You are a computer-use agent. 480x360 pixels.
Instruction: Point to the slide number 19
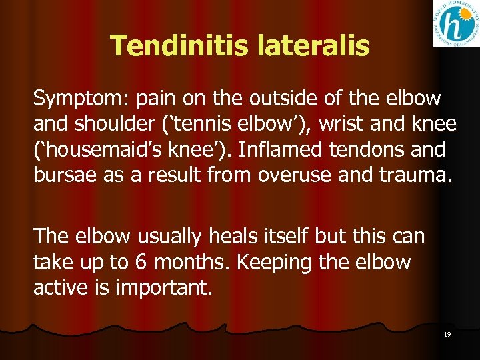coord(447,334)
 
